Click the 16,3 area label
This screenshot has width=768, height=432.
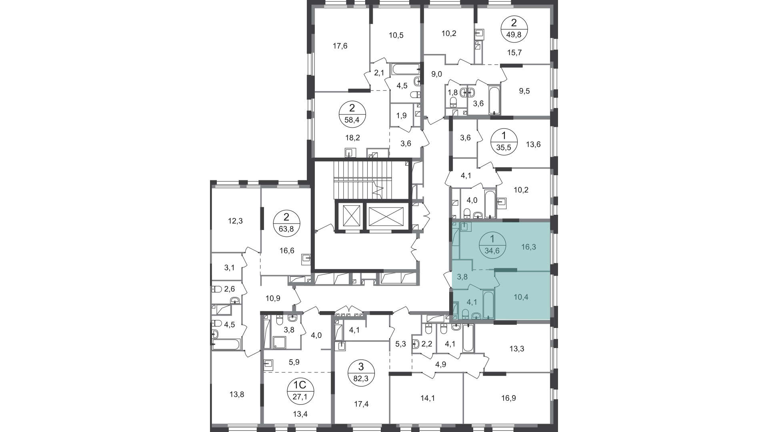click(528, 247)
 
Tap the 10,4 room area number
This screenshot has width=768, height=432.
click(521, 297)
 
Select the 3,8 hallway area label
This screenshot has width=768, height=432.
click(462, 276)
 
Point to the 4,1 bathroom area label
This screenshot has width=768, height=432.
click(472, 302)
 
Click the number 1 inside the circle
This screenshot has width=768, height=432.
click(492, 239)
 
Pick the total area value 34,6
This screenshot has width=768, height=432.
click(492, 251)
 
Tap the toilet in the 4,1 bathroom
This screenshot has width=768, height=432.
click(465, 314)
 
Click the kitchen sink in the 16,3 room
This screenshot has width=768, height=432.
click(466, 227)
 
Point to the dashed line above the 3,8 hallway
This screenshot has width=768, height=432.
click(484, 270)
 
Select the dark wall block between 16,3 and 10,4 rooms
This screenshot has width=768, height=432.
click(506, 270)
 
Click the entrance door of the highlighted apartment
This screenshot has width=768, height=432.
click(448, 276)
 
